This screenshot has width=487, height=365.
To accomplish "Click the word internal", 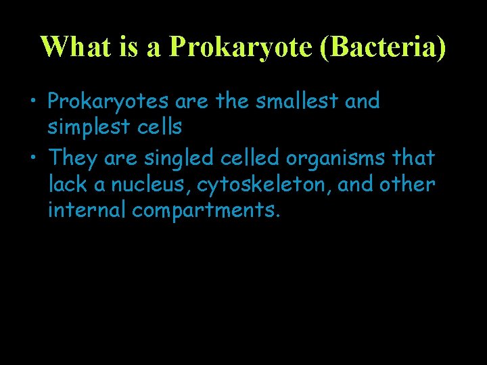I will (x=87, y=210).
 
